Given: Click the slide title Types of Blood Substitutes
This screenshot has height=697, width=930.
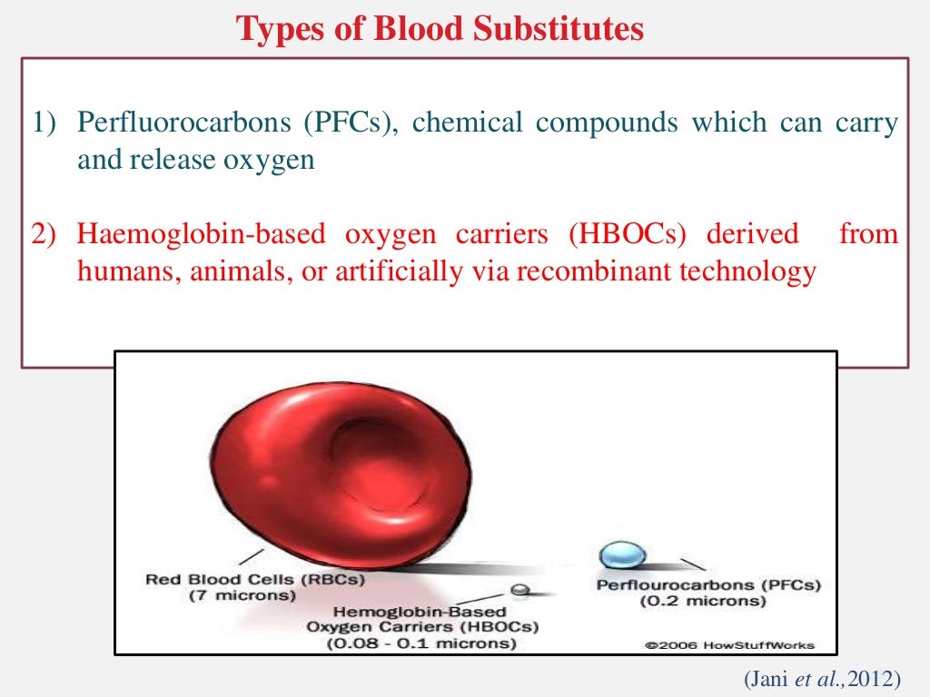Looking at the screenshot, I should pyautogui.click(x=440, y=29).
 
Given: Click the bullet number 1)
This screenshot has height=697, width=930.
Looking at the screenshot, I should pyautogui.click(x=46, y=123).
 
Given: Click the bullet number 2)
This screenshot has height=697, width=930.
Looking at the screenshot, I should pyautogui.click(x=46, y=234).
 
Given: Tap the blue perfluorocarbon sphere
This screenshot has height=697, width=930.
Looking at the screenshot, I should pyautogui.click(x=623, y=554).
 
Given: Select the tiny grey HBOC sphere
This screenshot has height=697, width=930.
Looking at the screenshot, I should pyautogui.click(x=519, y=590).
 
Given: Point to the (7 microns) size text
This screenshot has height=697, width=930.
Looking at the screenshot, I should pyautogui.click(x=242, y=596).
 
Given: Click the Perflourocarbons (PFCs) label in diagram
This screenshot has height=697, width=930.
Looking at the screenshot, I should pyautogui.click(x=708, y=585).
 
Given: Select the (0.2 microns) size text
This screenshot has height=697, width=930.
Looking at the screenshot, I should pyautogui.click(x=697, y=602).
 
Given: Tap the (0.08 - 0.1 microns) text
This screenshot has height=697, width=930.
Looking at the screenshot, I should pyautogui.click(x=422, y=644).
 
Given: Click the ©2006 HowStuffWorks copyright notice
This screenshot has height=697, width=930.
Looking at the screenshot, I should pyautogui.click(x=729, y=646).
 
